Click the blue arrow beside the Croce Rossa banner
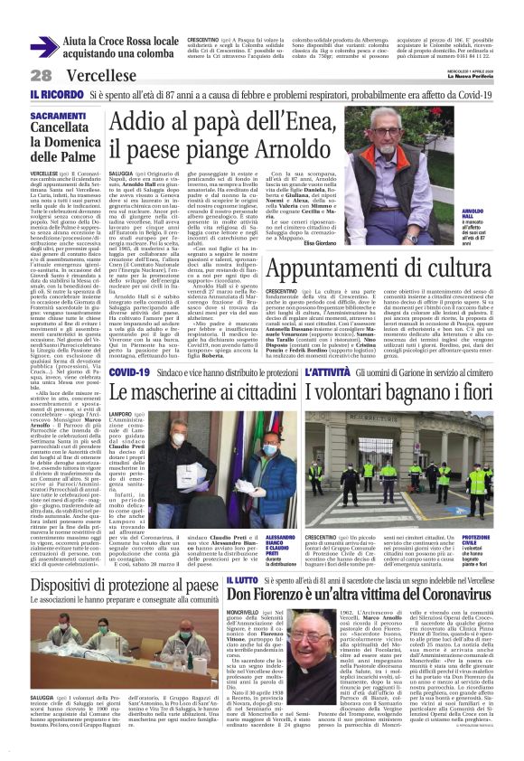[45, 45]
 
